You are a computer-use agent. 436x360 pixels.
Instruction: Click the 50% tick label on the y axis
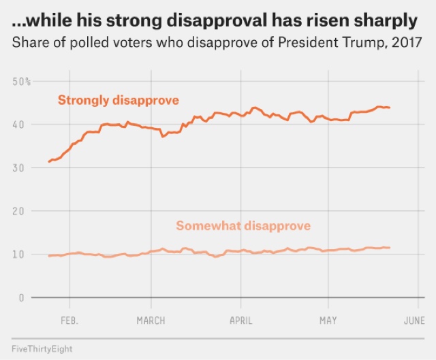[21, 82]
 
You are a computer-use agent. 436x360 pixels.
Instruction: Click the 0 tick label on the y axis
[21, 297]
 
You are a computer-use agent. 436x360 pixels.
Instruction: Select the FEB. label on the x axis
[69, 319]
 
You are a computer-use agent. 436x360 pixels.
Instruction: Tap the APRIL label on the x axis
[240, 319]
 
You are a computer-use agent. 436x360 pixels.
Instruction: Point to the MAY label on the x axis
[328, 319]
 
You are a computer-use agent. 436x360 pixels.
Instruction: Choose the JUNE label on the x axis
[415, 319]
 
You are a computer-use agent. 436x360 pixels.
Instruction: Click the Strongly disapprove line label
[118, 101]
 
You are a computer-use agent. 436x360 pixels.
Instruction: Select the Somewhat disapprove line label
[243, 226]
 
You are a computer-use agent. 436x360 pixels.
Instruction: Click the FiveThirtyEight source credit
[42, 348]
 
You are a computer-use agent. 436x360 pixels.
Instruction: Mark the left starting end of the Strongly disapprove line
[48, 162]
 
